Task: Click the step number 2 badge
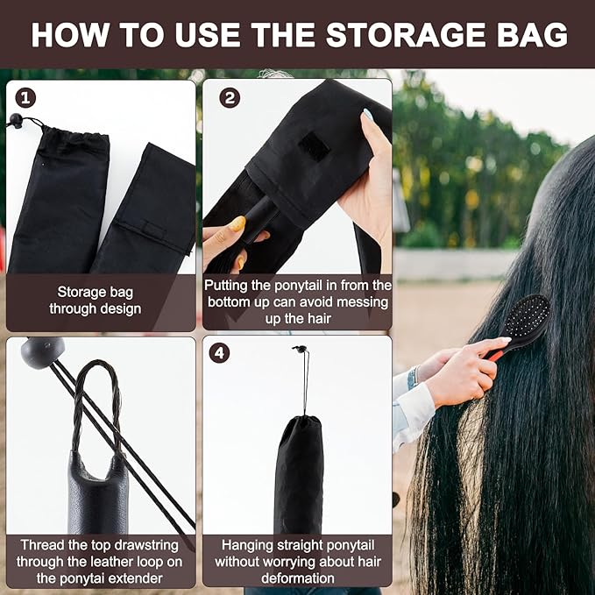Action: [229, 97]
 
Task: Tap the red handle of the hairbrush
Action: [497, 354]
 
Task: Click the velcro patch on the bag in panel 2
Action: [314, 145]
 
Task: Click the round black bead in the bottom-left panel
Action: [42, 351]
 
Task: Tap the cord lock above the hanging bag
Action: [300, 351]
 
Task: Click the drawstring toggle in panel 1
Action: [15, 121]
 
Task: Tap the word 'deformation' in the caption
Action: [297, 577]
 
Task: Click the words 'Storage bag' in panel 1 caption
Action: [94, 291]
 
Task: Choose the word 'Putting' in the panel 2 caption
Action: [228, 286]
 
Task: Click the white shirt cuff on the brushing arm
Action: [415, 409]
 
